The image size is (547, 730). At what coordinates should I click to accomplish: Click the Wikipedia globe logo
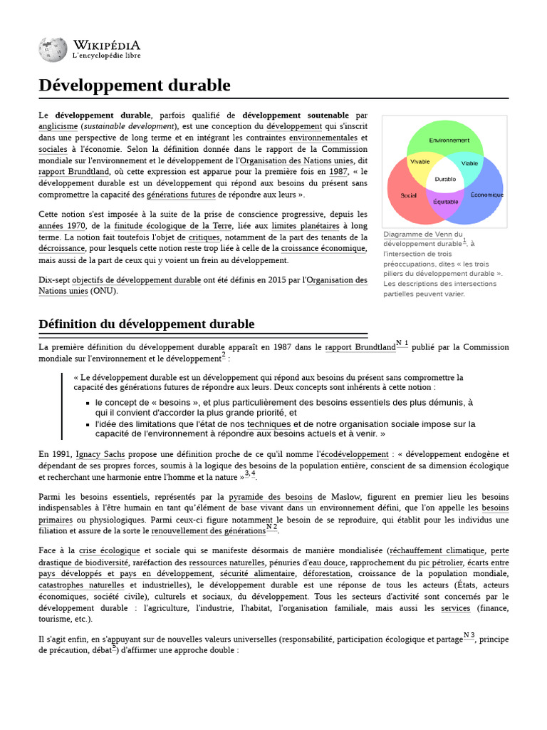tap(52, 49)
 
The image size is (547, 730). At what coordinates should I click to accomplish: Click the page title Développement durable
tap(135, 86)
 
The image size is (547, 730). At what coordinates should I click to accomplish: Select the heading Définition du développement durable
tap(146, 324)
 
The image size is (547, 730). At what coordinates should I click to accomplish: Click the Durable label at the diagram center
tap(445, 179)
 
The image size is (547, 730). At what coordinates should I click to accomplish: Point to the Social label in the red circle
tap(408, 195)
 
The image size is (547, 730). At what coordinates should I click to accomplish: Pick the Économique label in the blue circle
tap(487, 195)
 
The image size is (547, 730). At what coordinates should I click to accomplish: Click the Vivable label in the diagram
tap(420, 162)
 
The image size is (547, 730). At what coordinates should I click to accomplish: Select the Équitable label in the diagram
tap(446, 202)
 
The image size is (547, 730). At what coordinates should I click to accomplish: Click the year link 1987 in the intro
tap(338, 172)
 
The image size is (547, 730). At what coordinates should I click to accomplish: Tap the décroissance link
tap(62, 249)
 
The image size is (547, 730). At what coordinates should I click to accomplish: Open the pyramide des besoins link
tap(271, 497)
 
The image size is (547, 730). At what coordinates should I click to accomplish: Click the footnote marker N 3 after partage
tap(469, 634)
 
